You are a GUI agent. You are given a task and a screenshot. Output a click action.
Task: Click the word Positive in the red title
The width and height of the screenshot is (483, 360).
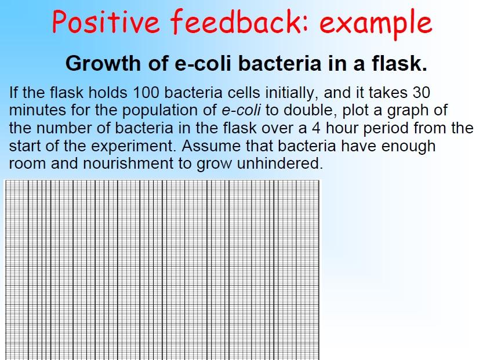click(106, 21)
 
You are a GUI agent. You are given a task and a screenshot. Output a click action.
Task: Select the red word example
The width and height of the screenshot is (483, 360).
click(376, 24)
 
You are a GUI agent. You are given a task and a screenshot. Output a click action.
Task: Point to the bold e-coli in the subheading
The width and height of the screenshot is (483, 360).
click(203, 63)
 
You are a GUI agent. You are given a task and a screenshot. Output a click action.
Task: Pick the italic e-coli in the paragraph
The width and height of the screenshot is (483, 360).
click(241, 110)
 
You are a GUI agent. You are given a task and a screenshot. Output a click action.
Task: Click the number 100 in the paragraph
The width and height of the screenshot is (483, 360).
click(146, 92)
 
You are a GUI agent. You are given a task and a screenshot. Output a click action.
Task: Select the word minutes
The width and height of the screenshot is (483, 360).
click(37, 110)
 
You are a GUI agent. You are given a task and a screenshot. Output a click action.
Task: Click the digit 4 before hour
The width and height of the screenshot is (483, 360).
click(316, 128)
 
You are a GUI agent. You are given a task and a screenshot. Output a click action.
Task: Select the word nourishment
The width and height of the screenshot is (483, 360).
click(128, 163)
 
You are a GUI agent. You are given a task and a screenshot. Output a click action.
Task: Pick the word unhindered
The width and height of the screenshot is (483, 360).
click(280, 163)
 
